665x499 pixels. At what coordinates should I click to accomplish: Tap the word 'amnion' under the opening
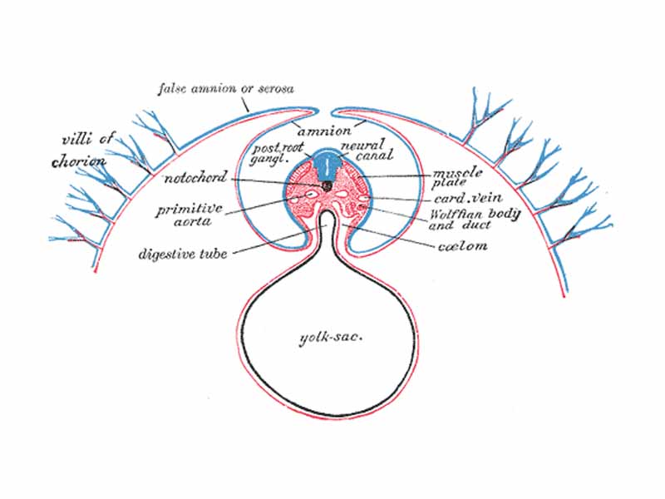tap(318, 130)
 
